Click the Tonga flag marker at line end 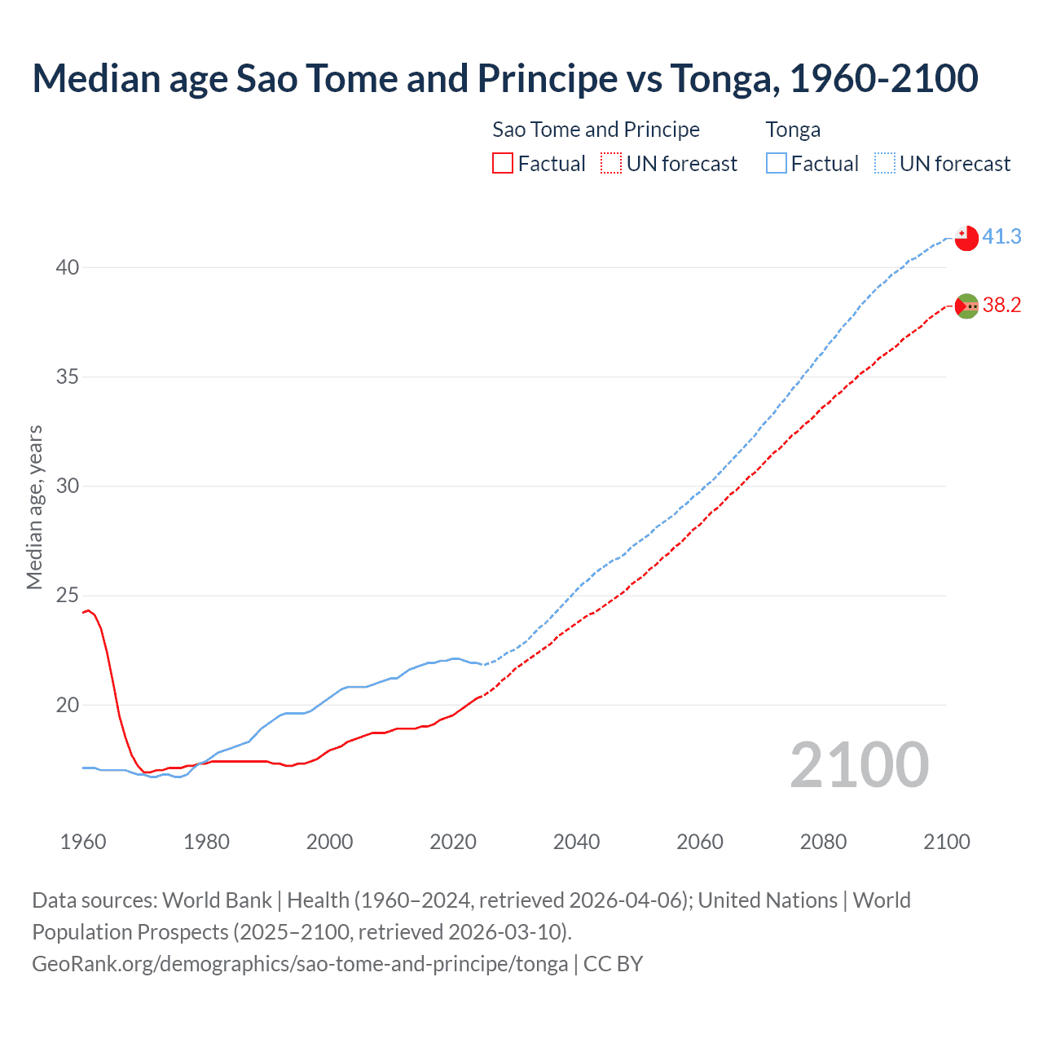[x=966, y=237]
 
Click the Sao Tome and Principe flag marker [x=966, y=306]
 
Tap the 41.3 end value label [x=1001, y=236]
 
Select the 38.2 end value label [x=1001, y=305]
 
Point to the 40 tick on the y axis [x=68, y=267]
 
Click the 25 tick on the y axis [x=68, y=596]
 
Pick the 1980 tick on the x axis [x=206, y=842]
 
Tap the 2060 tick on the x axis [x=700, y=842]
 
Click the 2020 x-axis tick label [x=453, y=842]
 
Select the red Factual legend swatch [x=503, y=164]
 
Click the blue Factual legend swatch [x=777, y=164]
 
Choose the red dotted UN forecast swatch [x=611, y=164]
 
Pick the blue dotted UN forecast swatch [x=885, y=164]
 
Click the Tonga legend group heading [x=793, y=130]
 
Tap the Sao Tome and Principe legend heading [x=596, y=130]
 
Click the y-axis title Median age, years [x=34, y=507]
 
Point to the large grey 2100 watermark [x=859, y=764]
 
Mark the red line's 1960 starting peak [x=88, y=610]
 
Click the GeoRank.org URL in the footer [x=300, y=964]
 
